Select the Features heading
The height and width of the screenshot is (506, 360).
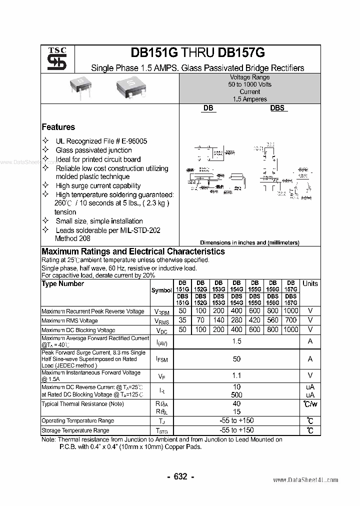point(58,127)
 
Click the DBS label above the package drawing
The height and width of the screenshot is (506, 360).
point(277,107)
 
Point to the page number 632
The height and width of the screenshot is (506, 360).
point(180,476)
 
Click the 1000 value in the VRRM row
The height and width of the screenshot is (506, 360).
point(291,311)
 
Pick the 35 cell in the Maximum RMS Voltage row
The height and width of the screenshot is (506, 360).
point(182,320)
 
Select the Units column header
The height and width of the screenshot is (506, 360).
point(310,283)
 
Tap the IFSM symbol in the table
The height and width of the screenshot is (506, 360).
point(162,359)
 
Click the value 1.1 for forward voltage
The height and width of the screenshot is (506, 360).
point(236,375)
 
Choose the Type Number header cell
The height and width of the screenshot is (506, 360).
point(62,283)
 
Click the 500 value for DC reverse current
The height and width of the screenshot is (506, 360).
point(236,395)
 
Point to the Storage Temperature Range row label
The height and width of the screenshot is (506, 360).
point(75,430)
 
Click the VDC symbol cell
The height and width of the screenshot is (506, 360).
point(162,330)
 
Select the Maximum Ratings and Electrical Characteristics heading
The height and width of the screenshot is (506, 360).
point(133,251)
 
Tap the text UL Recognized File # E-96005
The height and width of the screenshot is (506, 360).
point(101,141)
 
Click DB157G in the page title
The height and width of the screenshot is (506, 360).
point(241,53)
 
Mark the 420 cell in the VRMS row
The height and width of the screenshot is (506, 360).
point(255,320)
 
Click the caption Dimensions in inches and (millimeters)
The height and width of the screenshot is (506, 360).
point(249,242)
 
